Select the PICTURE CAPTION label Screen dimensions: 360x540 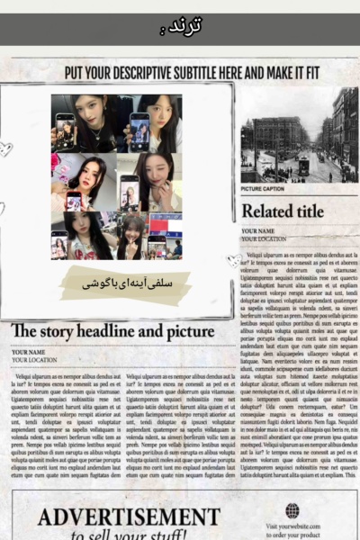tap(263, 189)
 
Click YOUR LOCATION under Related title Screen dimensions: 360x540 tap(264, 239)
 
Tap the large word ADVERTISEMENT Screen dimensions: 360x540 tap(129, 517)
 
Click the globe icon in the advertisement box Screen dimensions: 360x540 tap(292, 510)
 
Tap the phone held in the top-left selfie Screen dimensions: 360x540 tap(66, 127)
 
